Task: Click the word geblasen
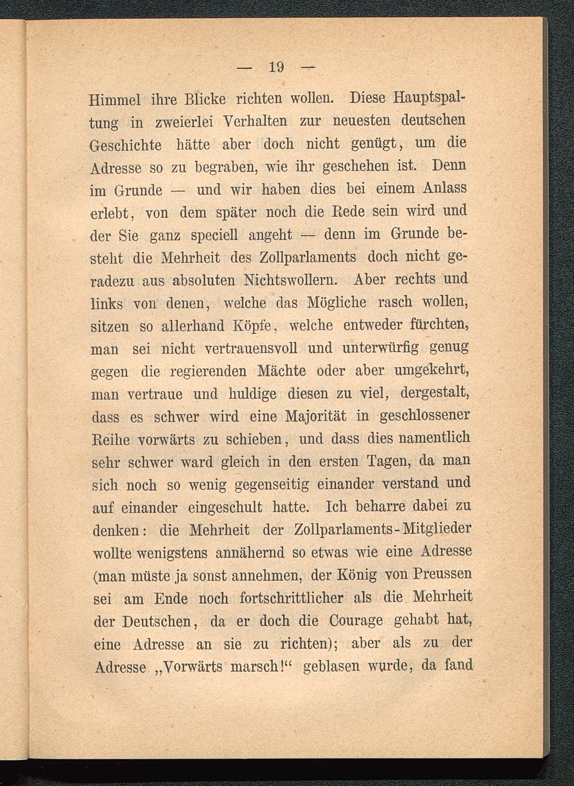(331, 665)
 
